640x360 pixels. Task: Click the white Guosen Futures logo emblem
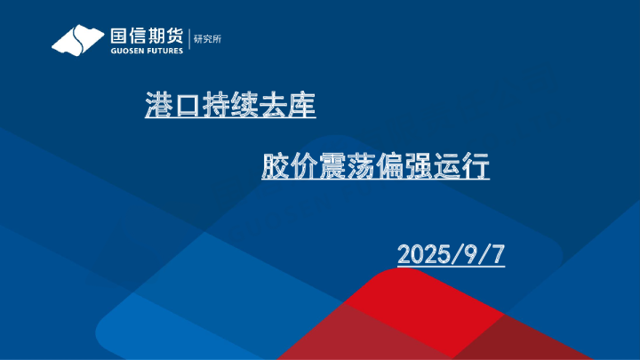(x=78, y=40)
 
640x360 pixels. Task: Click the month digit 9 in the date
(x=471, y=253)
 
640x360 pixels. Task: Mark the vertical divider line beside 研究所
(x=189, y=39)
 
